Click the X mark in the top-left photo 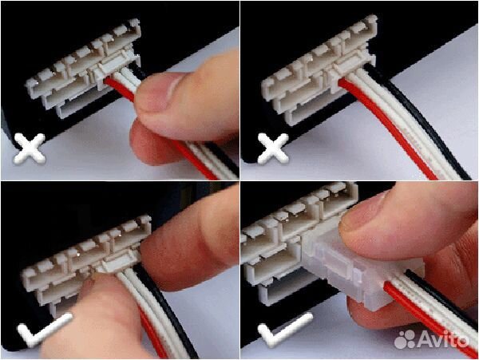(x=30, y=148)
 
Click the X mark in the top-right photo (x=273, y=148)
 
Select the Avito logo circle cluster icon (x=405, y=339)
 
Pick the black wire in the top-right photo (x=428, y=122)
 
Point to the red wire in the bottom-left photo (x=152, y=333)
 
